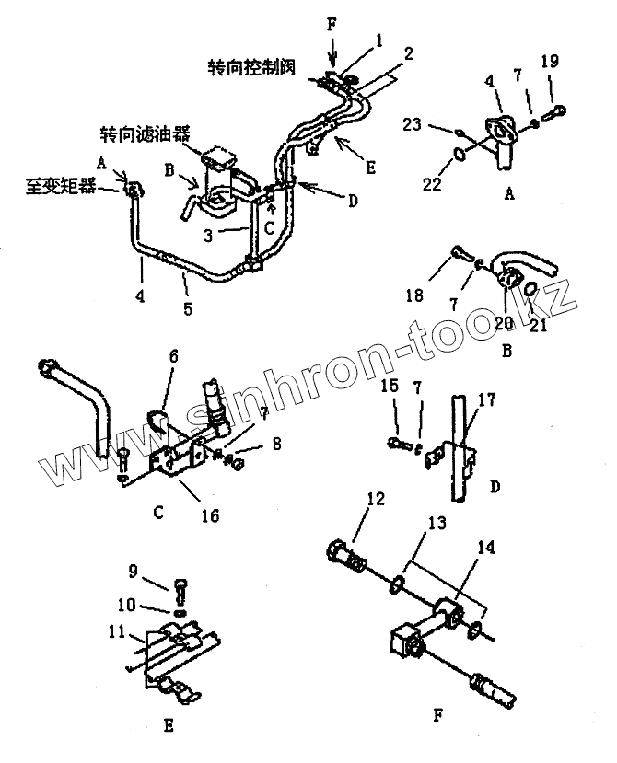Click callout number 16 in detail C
click(x=210, y=515)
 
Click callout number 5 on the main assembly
click(x=188, y=308)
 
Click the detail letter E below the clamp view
click(x=169, y=727)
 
